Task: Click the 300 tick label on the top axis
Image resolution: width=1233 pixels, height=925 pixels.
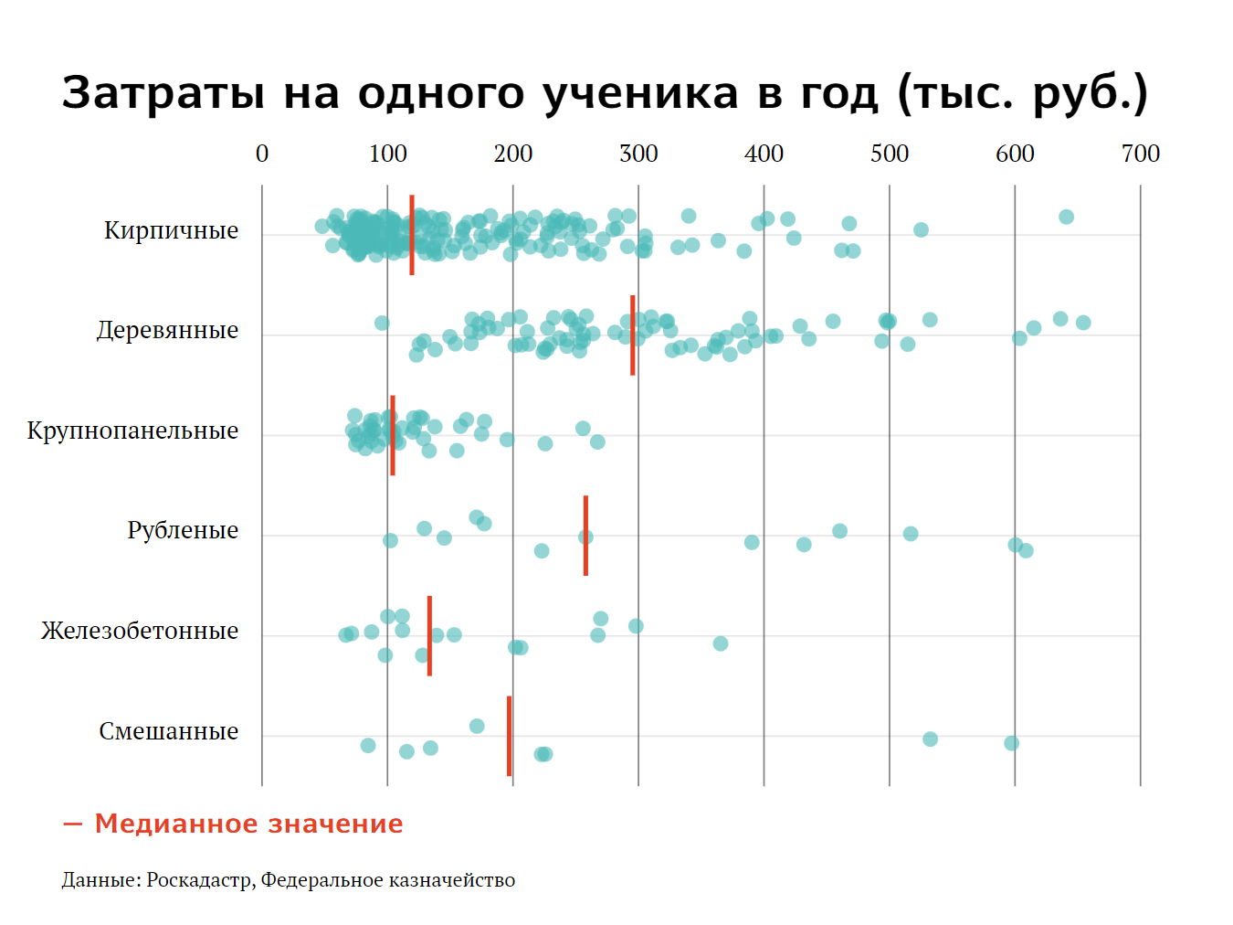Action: coord(638,154)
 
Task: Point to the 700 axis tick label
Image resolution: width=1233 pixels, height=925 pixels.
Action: coord(1140,154)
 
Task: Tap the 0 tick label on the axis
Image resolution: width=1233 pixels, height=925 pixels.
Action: coord(262,154)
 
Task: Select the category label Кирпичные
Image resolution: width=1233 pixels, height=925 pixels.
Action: coord(171,230)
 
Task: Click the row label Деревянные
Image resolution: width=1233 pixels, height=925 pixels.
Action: coord(167,330)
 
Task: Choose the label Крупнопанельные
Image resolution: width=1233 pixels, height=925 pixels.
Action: coord(132,431)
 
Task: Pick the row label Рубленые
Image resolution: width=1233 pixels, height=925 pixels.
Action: coord(183,530)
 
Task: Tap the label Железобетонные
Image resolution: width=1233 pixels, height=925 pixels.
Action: coord(140,631)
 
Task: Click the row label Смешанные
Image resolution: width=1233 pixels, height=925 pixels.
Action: coord(168,731)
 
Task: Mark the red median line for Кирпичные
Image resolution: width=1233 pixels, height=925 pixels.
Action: coord(412,235)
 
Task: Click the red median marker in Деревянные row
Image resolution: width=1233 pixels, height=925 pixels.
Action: coord(632,335)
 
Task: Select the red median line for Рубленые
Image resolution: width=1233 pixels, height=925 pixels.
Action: coord(585,536)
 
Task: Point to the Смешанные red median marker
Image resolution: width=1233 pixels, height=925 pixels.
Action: coord(509,736)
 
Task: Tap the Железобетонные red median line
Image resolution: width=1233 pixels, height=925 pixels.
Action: coord(429,635)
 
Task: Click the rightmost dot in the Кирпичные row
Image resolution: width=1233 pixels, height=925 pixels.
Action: coord(1066,217)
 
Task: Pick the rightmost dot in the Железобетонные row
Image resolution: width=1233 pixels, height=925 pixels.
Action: coord(721,643)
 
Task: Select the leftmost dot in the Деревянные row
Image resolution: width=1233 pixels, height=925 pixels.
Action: coord(382,323)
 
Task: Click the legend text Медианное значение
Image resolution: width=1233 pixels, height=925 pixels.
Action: coord(248,824)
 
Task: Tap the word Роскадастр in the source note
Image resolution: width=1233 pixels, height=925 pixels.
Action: coord(200,880)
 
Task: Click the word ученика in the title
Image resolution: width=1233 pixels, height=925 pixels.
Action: coord(640,93)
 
